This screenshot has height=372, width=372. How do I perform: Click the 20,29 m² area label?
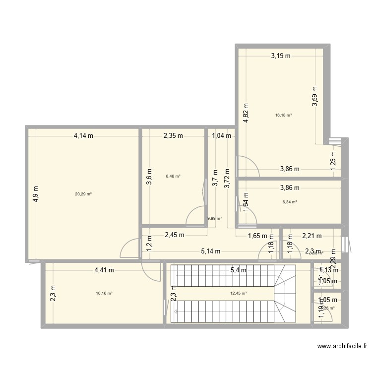(83, 194)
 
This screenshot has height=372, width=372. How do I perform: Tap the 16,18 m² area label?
(283, 115)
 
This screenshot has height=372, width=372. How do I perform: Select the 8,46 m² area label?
(173, 176)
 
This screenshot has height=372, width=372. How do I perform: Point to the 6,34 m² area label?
(289, 202)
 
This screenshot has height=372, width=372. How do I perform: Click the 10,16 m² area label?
(104, 293)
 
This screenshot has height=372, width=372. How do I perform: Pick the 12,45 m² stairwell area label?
(239, 293)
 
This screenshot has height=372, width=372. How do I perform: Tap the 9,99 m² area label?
(214, 218)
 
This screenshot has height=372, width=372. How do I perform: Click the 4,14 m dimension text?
(83, 135)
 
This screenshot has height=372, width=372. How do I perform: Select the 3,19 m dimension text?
(280, 56)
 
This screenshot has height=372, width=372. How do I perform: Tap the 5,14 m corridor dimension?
(211, 251)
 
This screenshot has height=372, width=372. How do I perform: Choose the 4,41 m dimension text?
(104, 270)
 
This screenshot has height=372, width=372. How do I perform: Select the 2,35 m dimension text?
(173, 135)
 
